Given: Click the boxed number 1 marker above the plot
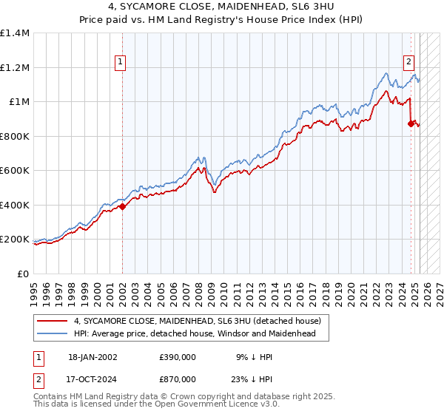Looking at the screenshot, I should click(x=120, y=64).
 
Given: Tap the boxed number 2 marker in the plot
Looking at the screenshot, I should click(x=408, y=64).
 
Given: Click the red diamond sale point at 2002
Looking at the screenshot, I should click(x=122, y=207).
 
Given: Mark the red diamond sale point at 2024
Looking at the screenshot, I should click(x=410, y=124).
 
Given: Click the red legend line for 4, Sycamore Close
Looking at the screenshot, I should click(x=52, y=322).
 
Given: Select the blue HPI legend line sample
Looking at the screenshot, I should click(x=52, y=334).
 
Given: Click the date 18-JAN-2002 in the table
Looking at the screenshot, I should click(x=93, y=356).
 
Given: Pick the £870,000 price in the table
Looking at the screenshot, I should click(x=178, y=379).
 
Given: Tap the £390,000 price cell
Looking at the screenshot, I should click(x=178, y=356).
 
